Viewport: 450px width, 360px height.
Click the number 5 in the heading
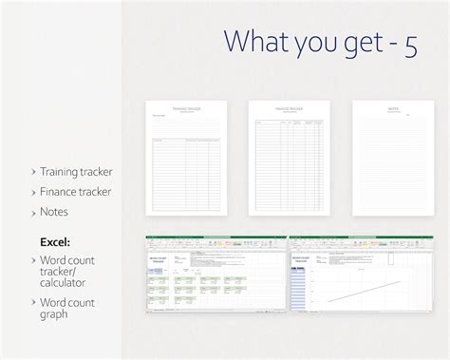click(x=409, y=45)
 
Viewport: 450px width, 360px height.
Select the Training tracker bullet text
click(x=76, y=172)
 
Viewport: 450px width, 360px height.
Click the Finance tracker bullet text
click(x=75, y=192)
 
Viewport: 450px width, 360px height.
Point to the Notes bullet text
click(x=53, y=212)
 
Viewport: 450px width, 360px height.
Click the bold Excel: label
click(x=55, y=241)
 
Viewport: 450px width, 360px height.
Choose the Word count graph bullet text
click(x=66, y=308)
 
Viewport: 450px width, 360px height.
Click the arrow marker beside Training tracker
click(x=32, y=172)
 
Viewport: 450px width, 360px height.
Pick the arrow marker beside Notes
click(x=32, y=212)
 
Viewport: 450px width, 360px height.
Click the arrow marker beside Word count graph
click(x=32, y=302)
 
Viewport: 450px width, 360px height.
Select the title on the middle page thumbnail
click(x=289, y=108)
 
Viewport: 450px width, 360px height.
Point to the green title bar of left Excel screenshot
click(x=216, y=237)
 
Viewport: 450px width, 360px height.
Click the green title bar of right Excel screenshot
click(x=361, y=237)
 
